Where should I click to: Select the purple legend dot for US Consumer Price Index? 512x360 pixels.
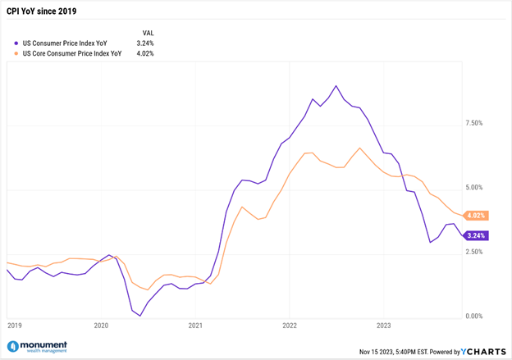pos(17,43)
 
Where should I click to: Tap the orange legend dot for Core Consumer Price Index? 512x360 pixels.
pos(17,53)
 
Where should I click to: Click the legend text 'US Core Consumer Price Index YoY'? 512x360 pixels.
pos(71,53)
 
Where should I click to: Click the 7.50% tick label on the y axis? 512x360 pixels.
pos(474,123)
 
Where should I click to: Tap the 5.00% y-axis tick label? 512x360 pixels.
pos(474,188)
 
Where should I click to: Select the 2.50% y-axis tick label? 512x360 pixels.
pos(474,252)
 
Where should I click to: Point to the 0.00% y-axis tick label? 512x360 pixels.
pos(474,316)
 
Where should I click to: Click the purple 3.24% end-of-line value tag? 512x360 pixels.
pos(476,235)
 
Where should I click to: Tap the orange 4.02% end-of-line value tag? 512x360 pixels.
pos(476,216)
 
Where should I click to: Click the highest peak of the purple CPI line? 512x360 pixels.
pos(336,85)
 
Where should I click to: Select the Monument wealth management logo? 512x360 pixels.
pos(37,348)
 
